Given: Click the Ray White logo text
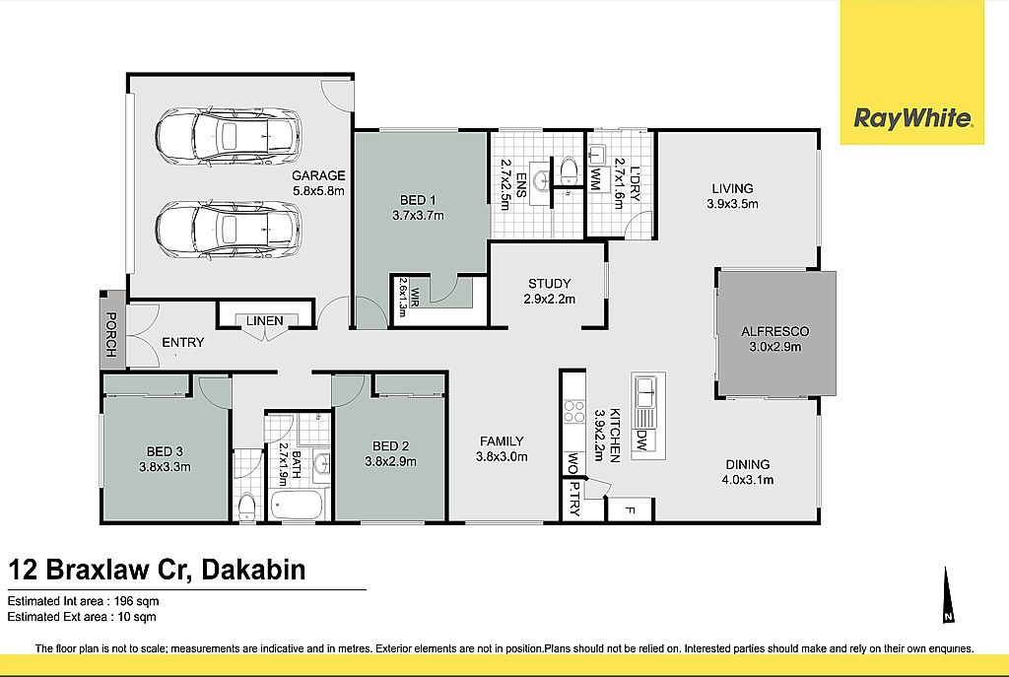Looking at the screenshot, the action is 912,119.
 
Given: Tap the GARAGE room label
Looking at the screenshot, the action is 318,175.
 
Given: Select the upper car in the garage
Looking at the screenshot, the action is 228,136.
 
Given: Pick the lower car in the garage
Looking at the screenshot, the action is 228,229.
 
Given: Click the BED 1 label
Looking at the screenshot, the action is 418,200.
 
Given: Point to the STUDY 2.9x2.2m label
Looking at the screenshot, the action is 549,291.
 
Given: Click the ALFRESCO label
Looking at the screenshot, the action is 774,332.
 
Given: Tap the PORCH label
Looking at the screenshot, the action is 111,335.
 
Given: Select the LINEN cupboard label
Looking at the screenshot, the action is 264,320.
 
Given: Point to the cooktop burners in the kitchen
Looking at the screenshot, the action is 574,411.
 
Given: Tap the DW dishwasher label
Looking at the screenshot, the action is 640,440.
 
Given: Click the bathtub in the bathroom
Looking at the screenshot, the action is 297,506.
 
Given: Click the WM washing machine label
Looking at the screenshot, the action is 596,177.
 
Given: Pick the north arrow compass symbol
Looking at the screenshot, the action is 947,595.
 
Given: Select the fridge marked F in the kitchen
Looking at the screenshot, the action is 631,510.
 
